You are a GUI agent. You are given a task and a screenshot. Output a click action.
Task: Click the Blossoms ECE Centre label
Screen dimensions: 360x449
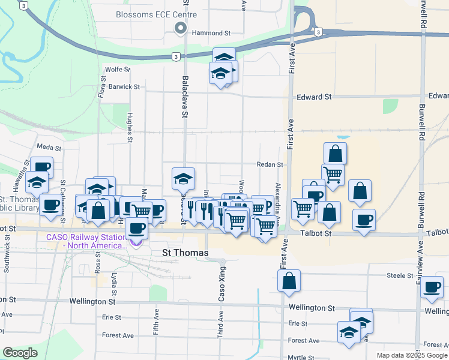(x=156, y=14)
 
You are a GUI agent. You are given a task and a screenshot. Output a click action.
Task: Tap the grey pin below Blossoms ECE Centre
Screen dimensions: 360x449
(x=179, y=28)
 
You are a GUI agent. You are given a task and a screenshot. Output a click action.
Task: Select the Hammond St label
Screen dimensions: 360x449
(x=211, y=34)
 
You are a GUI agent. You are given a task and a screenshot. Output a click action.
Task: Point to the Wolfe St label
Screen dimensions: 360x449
(x=117, y=70)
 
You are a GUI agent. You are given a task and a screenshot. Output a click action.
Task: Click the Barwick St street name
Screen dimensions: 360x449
(x=124, y=86)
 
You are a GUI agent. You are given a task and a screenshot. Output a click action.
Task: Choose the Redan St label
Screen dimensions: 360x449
(x=271, y=164)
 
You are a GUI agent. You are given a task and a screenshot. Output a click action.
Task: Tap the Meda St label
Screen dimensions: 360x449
(x=49, y=147)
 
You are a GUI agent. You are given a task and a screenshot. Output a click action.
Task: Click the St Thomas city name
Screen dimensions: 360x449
(x=185, y=253)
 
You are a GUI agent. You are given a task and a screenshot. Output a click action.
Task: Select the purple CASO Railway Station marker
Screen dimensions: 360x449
(x=136, y=242)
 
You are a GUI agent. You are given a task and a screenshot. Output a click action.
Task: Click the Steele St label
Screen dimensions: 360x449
(x=402, y=276)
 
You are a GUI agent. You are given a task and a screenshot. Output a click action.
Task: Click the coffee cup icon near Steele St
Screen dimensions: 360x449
(x=432, y=287)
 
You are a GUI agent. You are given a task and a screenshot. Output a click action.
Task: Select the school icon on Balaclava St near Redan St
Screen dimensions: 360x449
(x=183, y=178)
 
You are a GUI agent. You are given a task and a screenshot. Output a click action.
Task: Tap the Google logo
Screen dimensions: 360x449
(x=20, y=353)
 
